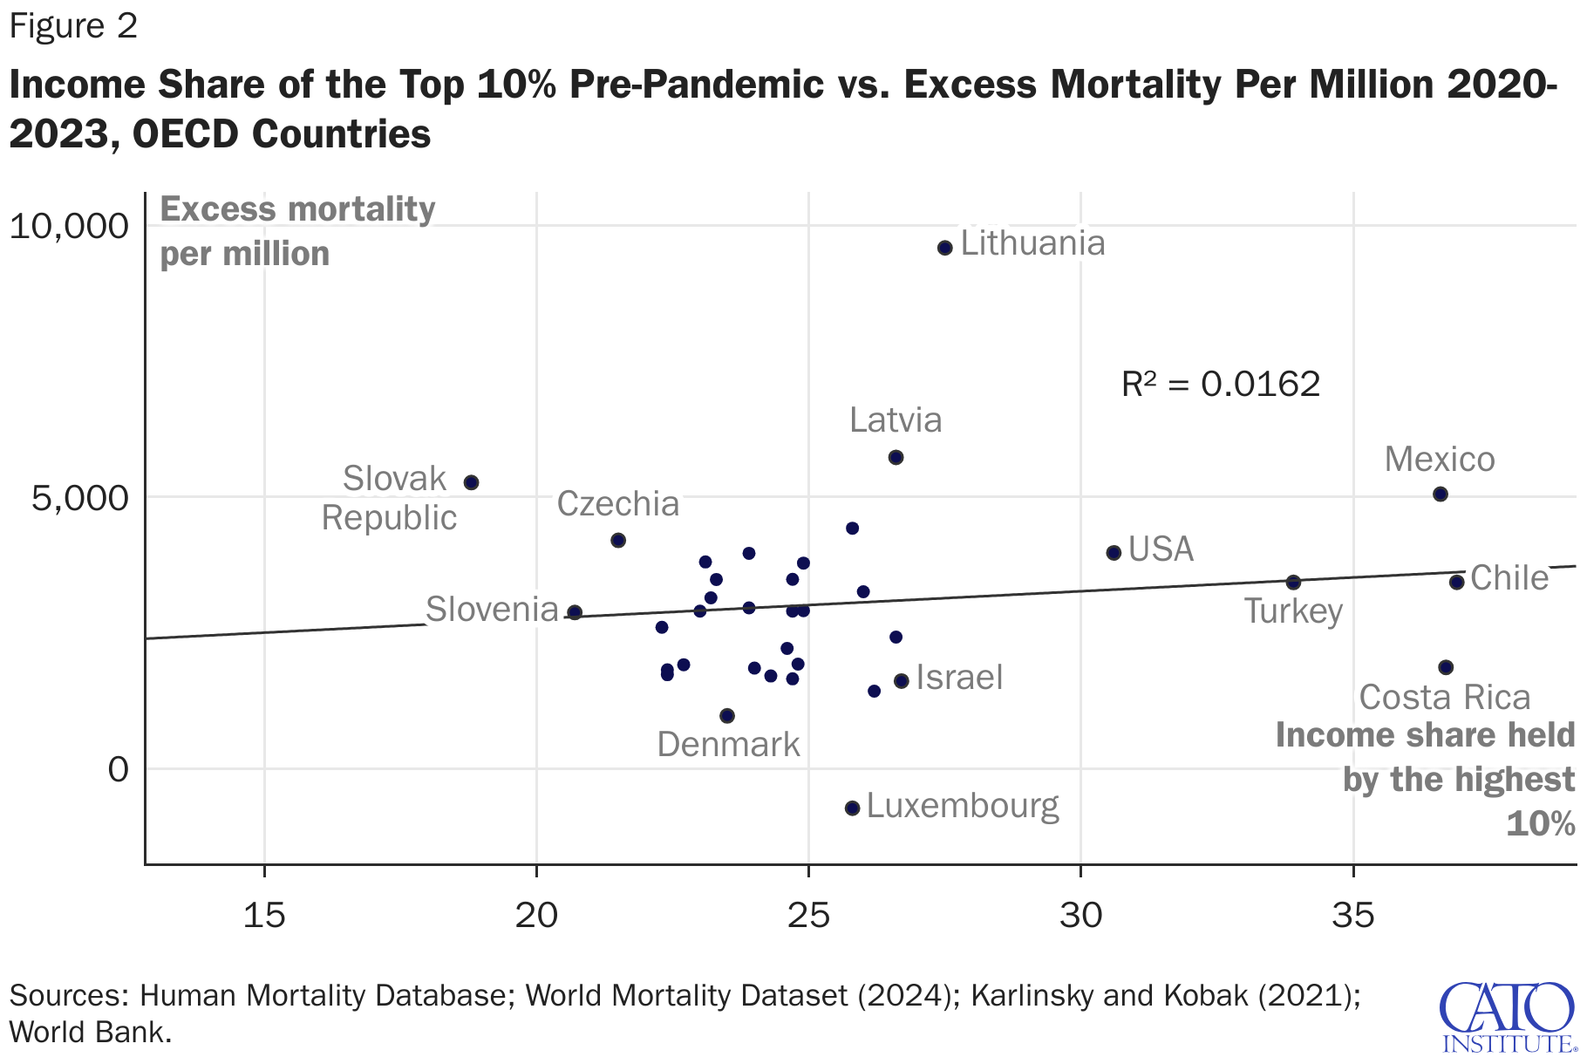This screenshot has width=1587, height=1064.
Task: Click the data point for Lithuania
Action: pos(944,248)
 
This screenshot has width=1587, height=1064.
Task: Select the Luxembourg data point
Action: pos(852,808)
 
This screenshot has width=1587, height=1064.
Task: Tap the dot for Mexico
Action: pos(1440,494)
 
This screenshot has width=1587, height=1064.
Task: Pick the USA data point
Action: pos(1114,553)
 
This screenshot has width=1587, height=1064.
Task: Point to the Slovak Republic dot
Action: pos(471,482)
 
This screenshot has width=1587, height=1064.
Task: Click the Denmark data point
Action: pos(727,716)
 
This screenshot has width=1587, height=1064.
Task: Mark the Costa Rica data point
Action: pos(1446,667)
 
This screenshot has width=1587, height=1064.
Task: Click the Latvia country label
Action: pos(896,420)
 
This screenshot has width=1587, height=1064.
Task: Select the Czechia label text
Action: pos(617,504)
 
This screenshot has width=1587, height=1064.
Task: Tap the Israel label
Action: pos(959,678)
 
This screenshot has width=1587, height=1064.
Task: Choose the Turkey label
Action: pos(1293,611)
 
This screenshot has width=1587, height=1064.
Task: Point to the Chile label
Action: pos(1509,578)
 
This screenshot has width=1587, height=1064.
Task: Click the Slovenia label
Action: pos(492,610)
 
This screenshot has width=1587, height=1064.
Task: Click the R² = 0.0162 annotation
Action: pos(1221,384)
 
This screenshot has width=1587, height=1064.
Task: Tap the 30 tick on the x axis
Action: pos(1081,915)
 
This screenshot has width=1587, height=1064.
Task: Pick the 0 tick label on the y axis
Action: pos(118,770)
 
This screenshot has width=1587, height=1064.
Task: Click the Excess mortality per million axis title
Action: pos(297,232)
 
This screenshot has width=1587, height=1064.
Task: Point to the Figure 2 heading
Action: pos(73,26)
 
